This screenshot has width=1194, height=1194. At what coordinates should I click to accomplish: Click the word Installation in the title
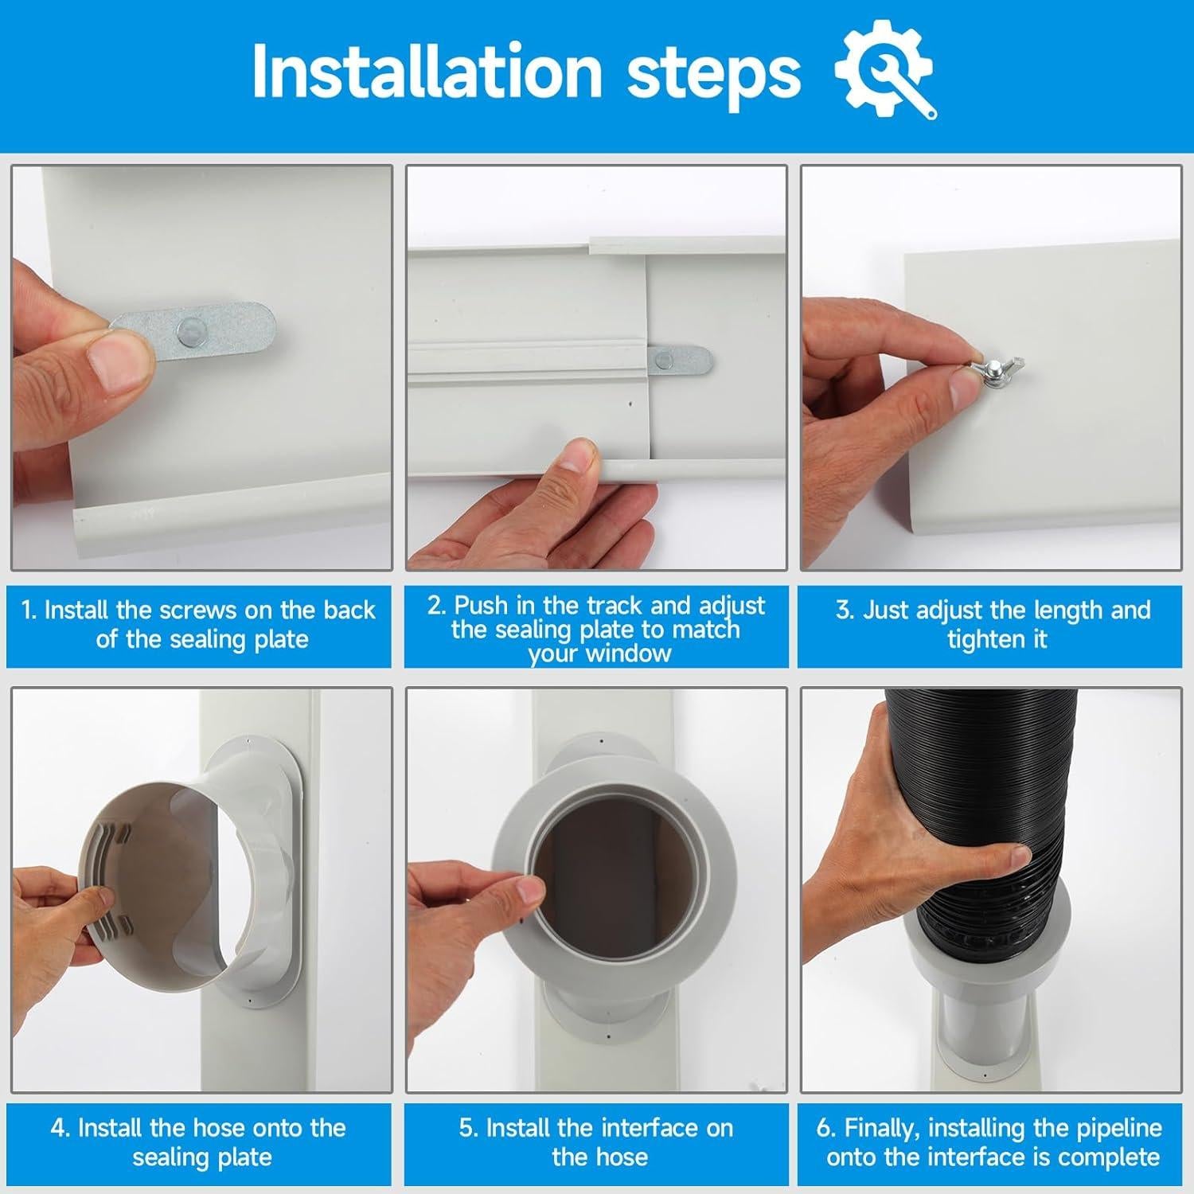[x=426, y=72]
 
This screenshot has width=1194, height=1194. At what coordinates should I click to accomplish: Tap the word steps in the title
[x=713, y=74]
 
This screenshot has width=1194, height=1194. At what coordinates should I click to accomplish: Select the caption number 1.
[x=28, y=611]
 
